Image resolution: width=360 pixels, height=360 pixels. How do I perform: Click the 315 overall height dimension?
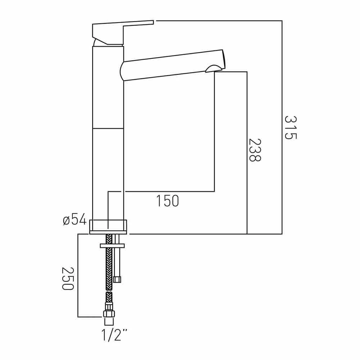pos(291,128)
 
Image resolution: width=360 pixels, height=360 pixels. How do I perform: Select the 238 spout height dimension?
pos(255,150)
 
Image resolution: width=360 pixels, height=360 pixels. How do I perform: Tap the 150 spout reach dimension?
pos(167,201)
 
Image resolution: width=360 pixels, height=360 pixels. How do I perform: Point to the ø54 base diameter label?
pos(75,219)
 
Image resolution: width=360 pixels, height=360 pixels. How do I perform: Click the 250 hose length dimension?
pos(68,279)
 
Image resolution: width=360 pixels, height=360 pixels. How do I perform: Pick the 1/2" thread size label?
pos(114,335)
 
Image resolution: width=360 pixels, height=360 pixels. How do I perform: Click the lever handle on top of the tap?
pos(123,33)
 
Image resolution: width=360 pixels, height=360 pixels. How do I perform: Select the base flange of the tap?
pos(108,227)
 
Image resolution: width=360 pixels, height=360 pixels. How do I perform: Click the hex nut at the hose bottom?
pos(109,314)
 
